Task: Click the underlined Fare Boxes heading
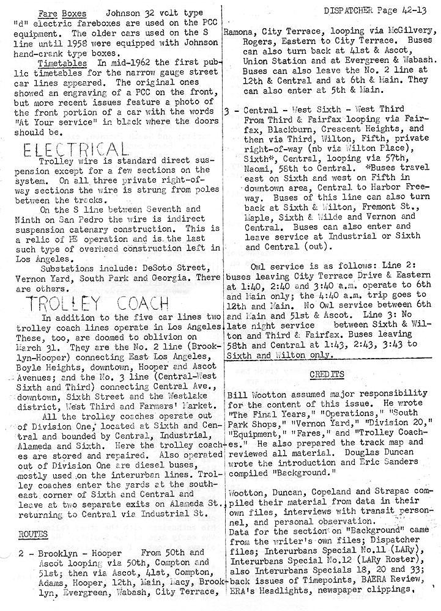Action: [56, 12]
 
